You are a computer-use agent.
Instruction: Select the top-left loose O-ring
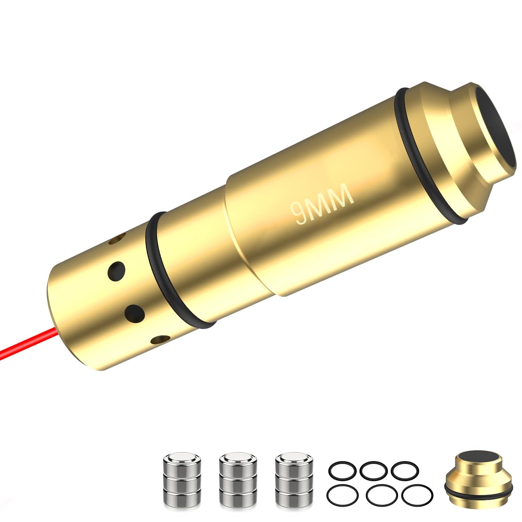pyautogui.click(x=341, y=470)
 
